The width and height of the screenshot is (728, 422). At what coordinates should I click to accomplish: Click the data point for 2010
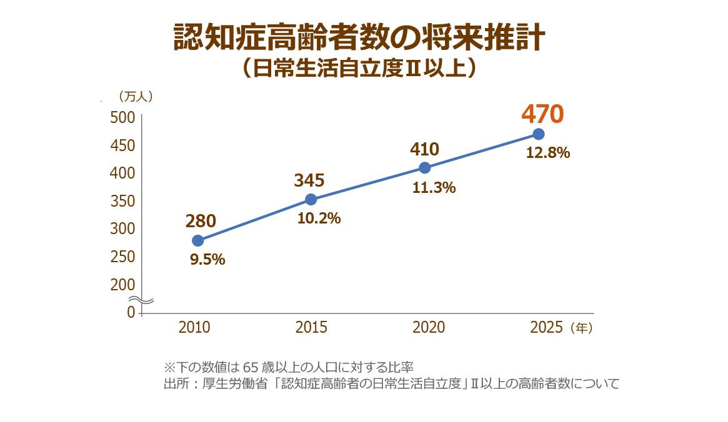pyautogui.click(x=197, y=240)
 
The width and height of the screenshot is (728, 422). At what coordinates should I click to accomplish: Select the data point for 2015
pyautogui.click(x=311, y=199)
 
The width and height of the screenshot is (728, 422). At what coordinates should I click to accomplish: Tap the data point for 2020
pyautogui.click(x=424, y=167)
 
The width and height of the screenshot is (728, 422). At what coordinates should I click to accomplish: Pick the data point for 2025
pyautogui.click(x=538, y=134)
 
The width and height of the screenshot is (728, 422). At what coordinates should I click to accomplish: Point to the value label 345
pyautogui.click(x=309, y=180)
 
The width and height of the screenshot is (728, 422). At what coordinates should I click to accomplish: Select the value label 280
pyautogui.click(x=201, y=221)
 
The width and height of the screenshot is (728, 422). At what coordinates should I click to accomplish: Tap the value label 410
pyautogui.click(x=424, y=149)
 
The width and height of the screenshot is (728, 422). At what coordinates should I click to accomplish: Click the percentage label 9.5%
pyautogui.click(x=207, y=259)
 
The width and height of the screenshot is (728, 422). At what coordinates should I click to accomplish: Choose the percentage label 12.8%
pyautogui.click(x=547, y=153)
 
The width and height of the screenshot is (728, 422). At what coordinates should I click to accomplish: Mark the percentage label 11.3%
pyautogui.click(x=434, y=187)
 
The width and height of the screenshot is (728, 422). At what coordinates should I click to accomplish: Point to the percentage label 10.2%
pyautogui.click(x=319, y=218)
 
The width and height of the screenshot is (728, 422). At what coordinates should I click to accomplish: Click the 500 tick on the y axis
pyautogui.click(x=122, y=117)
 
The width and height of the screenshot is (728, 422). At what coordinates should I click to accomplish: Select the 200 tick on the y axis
pyautogui.click(x=122, y=285)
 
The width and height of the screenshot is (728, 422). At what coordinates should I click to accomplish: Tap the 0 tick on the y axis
pyautogui.click(x=131, y=312)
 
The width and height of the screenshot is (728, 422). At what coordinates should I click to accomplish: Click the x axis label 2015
pyautogui.click(x=311, y=328)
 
